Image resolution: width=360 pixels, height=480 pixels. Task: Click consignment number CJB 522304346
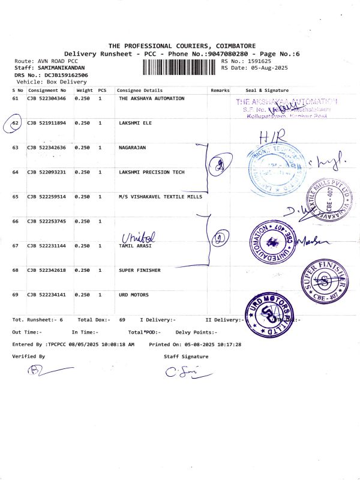[47, 98]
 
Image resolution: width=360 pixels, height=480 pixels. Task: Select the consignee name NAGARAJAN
[132, 148]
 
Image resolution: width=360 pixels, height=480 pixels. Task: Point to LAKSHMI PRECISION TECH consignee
[151, 172]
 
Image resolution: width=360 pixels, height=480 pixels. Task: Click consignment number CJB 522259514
[47, 197]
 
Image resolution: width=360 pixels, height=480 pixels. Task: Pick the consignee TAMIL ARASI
[135, 246]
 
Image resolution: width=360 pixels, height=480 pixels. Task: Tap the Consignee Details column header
[140, 90]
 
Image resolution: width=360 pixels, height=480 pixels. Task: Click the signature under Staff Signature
[186, 373]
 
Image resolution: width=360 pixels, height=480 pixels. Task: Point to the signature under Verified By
[45, 370]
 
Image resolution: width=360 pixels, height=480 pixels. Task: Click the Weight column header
[84, 90]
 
